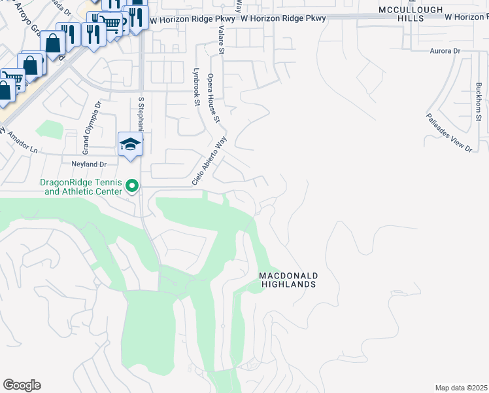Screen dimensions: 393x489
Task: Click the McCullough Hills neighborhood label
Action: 411,14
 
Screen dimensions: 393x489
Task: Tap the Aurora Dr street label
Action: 430,50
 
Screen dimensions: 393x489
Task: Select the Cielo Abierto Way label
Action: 209,160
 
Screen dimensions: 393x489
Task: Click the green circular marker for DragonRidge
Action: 132,187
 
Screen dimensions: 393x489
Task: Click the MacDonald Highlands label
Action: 288,280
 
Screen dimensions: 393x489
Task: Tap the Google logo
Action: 22,385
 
